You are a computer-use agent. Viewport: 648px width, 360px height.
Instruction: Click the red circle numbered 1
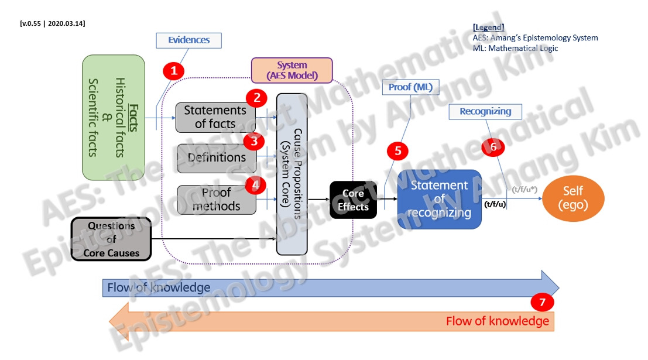coord(173,71)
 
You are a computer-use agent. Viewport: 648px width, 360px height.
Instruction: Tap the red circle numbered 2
coord(256,98)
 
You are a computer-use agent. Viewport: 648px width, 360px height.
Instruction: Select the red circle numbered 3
coord(254,141)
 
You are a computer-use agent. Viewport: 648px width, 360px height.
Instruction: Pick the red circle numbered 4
coord(255,185)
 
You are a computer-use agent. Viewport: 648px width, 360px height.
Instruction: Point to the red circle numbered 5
coord(398,150)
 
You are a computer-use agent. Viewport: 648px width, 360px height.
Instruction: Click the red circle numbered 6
coord(493,147)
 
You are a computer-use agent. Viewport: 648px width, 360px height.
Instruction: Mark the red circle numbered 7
coord(543,303)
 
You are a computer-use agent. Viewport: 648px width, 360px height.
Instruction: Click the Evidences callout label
coord(188,40)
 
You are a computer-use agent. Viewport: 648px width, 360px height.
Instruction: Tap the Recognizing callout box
coord(485,111)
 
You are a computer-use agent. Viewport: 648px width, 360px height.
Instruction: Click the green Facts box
coord(113,117)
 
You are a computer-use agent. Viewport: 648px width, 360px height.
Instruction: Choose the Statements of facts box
coord(215,117)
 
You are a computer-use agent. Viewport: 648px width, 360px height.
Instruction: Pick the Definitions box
coord(216,158)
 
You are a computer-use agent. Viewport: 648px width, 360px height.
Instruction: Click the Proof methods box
coord(216,200)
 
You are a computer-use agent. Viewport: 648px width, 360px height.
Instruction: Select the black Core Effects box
coord(353,200)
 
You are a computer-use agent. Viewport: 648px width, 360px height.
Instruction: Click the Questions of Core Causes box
coord(111,239)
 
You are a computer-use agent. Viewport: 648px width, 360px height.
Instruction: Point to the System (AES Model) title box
coord(292,70)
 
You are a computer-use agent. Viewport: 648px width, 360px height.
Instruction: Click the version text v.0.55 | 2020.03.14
coord(53,23)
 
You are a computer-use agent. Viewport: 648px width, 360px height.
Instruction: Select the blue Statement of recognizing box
coord(439,199)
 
